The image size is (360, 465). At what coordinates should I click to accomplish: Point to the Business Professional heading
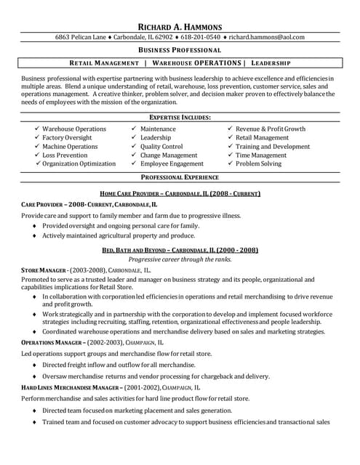pyautogui.click(x=180, y=50)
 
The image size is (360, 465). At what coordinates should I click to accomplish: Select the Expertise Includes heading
pyautogui.click(x=180, y=117)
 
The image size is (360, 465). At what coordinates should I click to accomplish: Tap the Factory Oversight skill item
pyautogui.click(x=67, y=137)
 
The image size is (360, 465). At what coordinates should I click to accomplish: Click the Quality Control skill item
pyautogui.click(x=161, y=146)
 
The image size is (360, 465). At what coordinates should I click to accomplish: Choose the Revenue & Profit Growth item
pyautogui.click(x=271, y=129)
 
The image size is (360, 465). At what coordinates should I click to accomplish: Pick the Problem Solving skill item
pyautogui.click(x=258, y=163)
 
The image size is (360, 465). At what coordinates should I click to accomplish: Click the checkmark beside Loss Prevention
pyautogui.click(x=37, y=155)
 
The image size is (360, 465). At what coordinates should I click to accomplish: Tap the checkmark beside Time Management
pyautogui.click(x=231, y=155)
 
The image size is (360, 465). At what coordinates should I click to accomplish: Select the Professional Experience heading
pyautogui.click(x=180, y=177)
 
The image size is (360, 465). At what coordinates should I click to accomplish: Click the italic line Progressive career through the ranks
pyautogui.click(x=180, y=259)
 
